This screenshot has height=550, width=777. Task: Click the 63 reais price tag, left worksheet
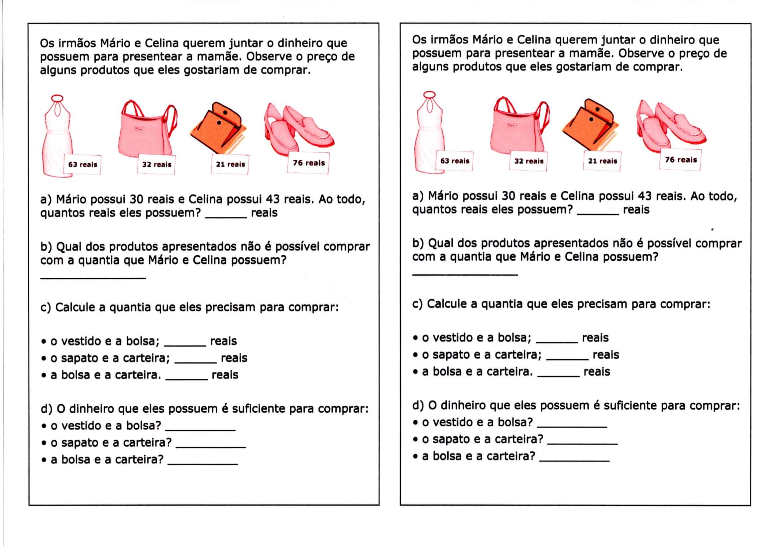point(82,165)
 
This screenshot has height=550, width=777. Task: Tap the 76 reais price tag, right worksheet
point(681,160)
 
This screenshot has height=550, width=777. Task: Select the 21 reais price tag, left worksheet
point(230,165)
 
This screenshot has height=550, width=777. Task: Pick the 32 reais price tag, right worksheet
point(529,161)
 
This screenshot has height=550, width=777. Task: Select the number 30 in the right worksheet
point(508,196)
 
